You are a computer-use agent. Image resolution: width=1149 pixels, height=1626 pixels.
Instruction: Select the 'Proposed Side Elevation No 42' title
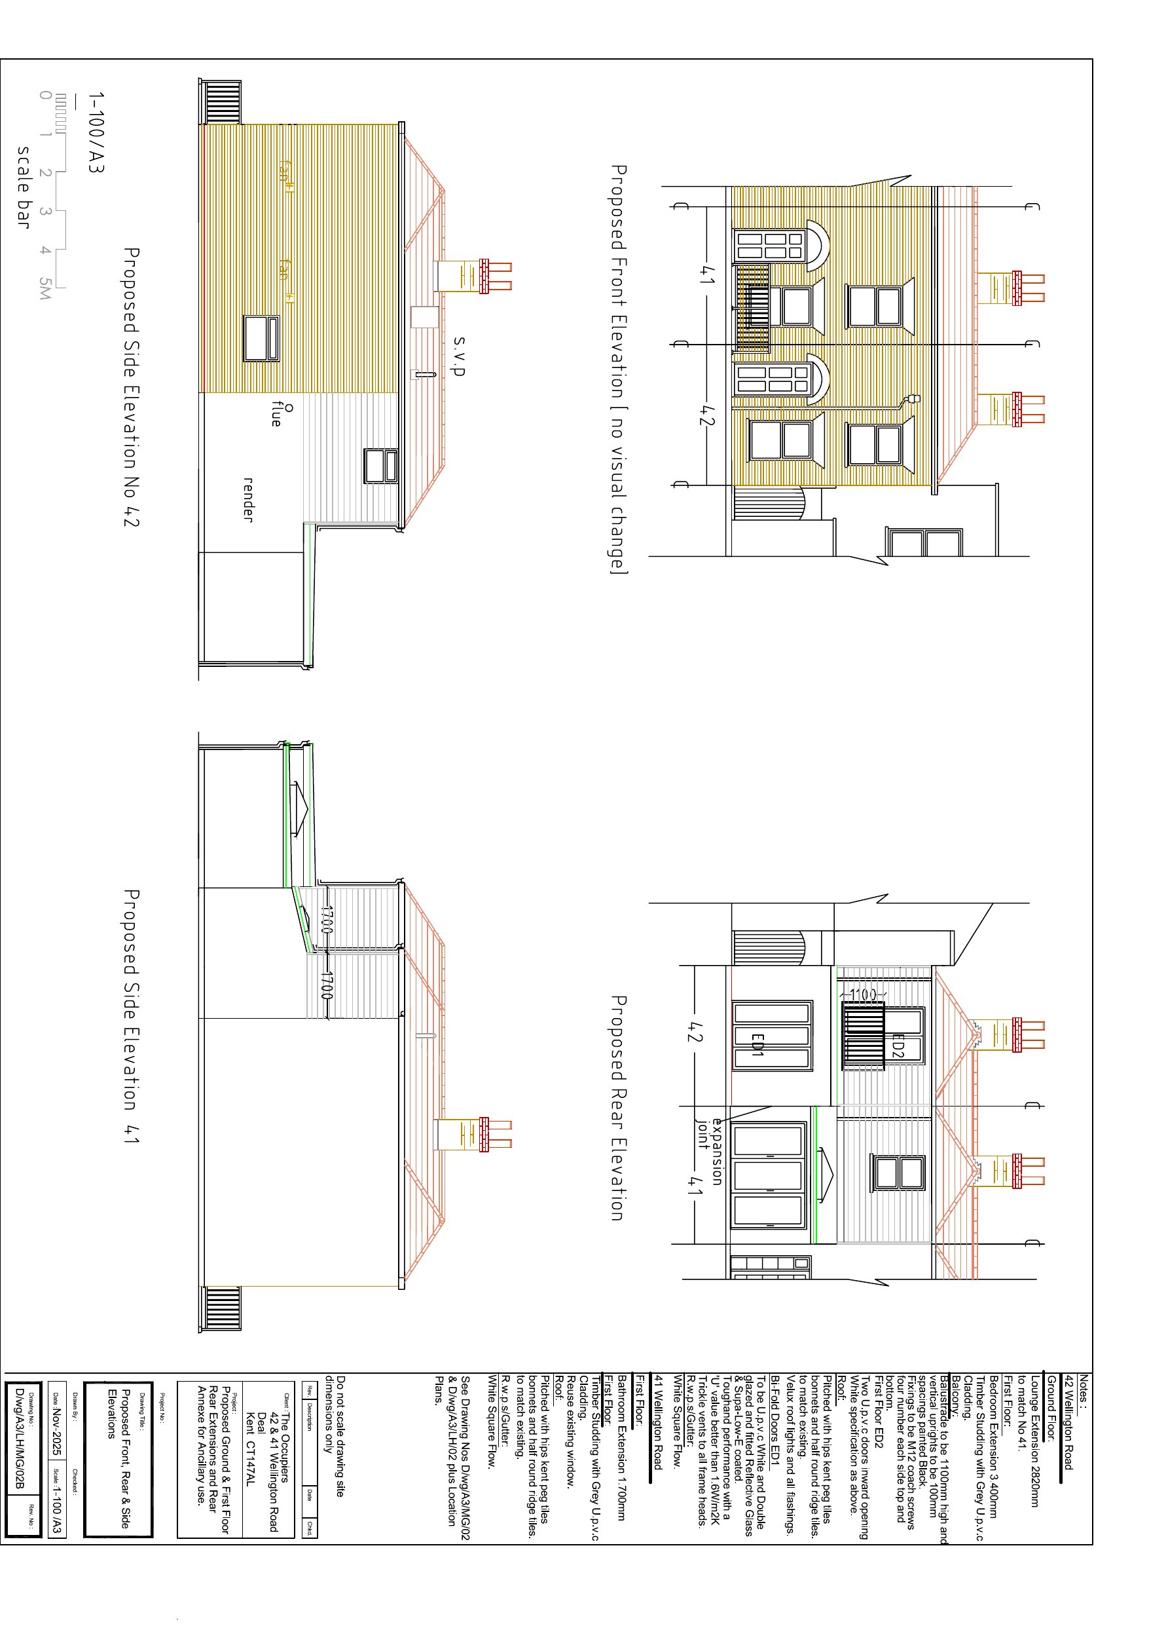click(x=131, y=387)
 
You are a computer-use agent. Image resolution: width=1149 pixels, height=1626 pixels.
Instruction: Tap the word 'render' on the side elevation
click(x=249, y=499)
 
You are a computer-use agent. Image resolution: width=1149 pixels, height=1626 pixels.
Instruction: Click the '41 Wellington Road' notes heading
click(x=658, y=1424)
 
